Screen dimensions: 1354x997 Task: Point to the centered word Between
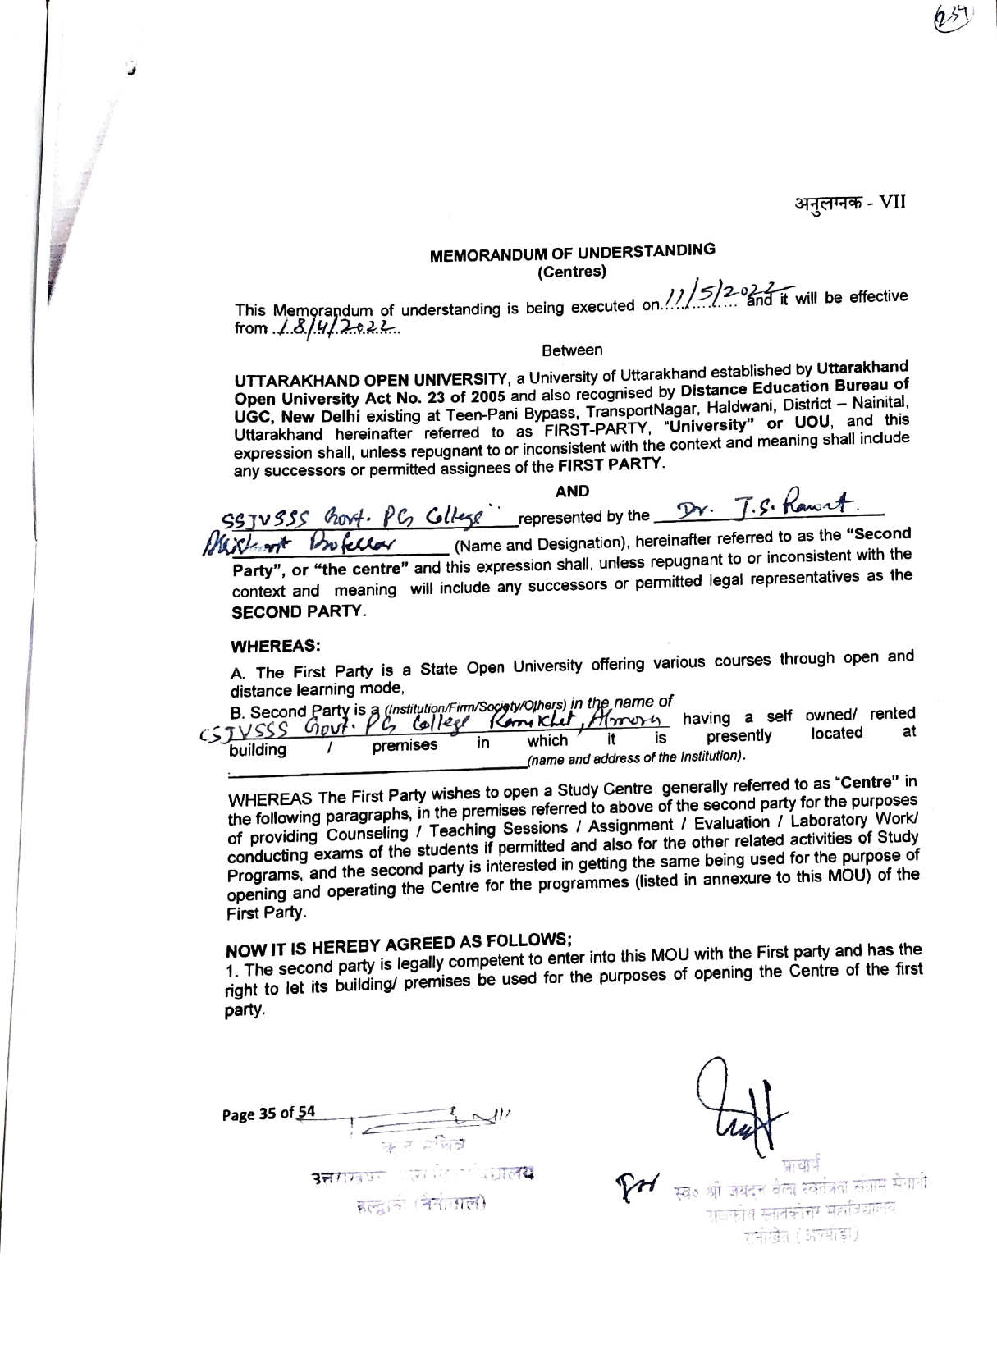[x=572, y=350]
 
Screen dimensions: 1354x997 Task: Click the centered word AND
[x=572, y=491]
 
